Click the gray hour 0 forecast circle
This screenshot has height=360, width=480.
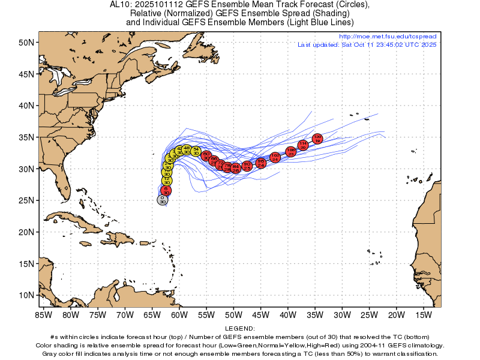[162, 200]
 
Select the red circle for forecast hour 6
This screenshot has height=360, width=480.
[166, 190]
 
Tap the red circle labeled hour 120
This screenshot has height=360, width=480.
[317, 139]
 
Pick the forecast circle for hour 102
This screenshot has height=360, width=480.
[275, 157]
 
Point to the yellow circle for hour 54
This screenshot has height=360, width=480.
[196, 151]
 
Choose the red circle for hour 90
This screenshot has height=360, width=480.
[247, 165]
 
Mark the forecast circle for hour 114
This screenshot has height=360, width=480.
[303, 145]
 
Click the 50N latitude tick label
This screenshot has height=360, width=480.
[25, 43]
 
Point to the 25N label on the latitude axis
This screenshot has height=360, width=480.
[25, 200]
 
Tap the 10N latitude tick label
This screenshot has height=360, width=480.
[25, 295]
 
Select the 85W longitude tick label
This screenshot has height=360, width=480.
[43, 314]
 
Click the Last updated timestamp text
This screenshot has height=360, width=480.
[367, 44]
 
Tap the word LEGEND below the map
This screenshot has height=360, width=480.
[240, 329]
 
